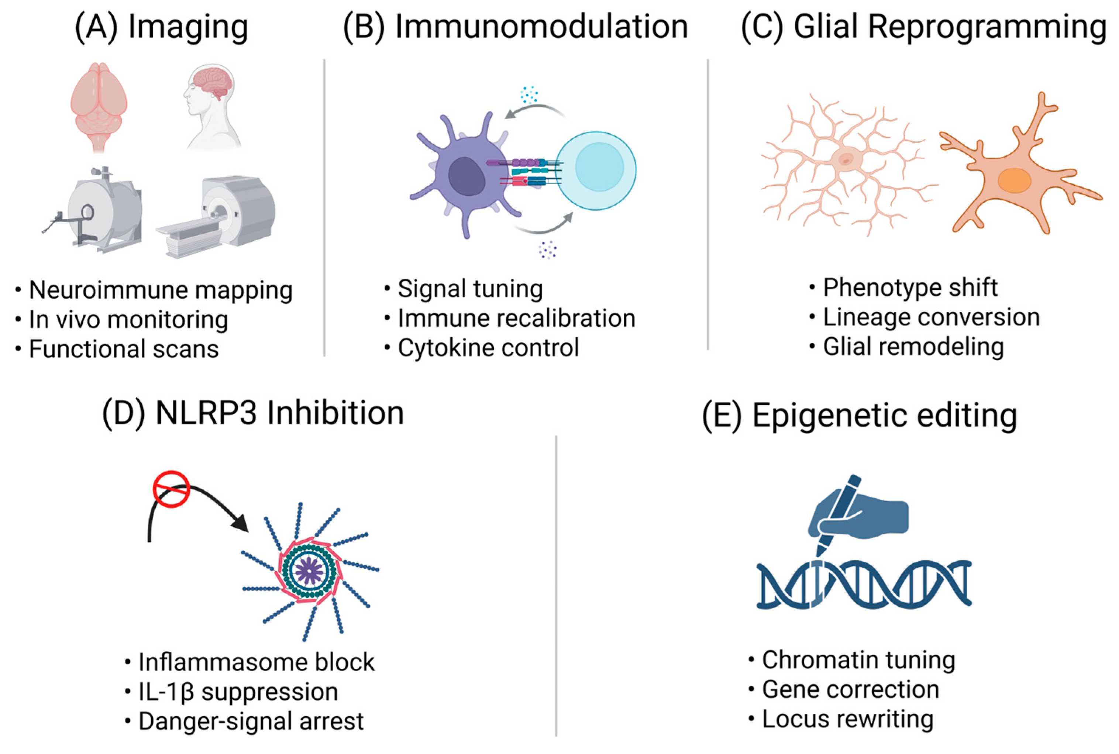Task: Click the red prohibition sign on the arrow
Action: pos(171,489)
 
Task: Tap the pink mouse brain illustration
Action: pos(99,103)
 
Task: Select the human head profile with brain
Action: pos(211,106)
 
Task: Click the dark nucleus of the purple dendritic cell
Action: pos(466,176)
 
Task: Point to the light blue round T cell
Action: pos(596,171)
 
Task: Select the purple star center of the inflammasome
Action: pos(309,571)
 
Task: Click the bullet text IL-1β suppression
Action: pos(238,692)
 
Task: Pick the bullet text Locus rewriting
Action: pos(847,719)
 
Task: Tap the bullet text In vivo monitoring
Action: pos(128,320)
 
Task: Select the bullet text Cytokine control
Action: pos(488,348)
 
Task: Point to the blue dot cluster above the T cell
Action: pos(529,95)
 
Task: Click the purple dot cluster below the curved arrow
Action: pos(547,249)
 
